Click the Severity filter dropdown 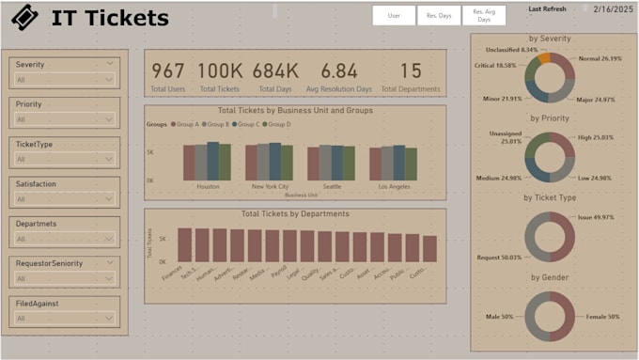point(65,80)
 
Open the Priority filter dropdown point(65,119)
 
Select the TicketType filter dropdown point(65,160)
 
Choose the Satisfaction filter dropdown point(65,199)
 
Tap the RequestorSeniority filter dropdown point(65,279)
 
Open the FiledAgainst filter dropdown point(65,319)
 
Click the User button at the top point(395,15)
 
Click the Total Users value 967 point(168,71)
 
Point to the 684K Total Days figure point(275,71)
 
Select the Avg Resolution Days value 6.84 point(339,71)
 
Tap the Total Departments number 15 point(411,71)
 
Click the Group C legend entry point(246,124)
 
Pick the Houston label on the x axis point(208,186)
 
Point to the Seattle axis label point(332,186)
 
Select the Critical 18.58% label point(495,66)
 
